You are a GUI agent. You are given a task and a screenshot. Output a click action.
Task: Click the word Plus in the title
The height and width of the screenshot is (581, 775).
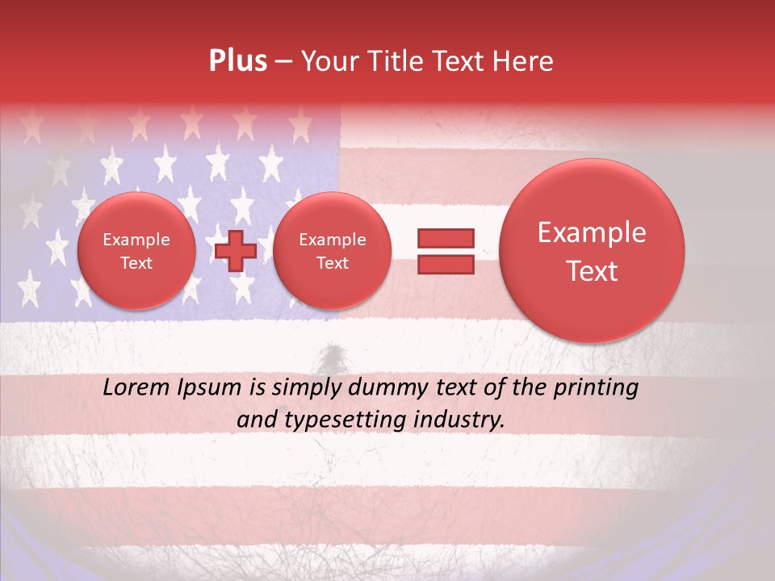(238, 61)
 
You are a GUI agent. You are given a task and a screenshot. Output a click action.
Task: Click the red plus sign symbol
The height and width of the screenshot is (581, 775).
(235, 251)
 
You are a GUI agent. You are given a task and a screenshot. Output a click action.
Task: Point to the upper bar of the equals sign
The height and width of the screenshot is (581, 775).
(446, 238)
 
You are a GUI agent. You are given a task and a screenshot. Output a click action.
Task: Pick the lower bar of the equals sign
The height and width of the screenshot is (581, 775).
(446, 265)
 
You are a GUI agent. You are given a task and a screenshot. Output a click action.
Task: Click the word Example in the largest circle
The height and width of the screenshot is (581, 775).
(592, 232)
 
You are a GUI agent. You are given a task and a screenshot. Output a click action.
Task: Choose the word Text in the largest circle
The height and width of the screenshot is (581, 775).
(592, 271)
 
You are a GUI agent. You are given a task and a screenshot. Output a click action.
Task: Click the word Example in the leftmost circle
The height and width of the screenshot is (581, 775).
(136, 240)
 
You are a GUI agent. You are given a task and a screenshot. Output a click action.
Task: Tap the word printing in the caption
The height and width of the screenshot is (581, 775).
(596, 388)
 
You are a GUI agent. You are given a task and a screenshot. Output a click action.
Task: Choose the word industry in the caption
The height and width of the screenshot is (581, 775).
(460, 420)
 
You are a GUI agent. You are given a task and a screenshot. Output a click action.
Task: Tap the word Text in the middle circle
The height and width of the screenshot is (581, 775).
(332, 263)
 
